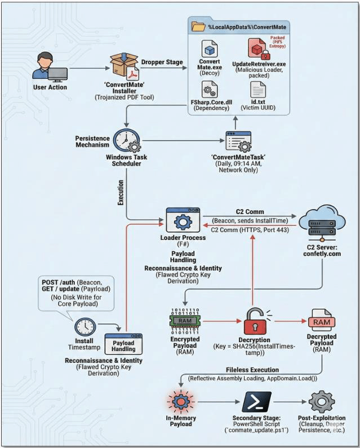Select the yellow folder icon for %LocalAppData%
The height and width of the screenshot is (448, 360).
tap(198, 26)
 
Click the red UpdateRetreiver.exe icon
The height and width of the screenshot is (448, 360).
tap(259, 50)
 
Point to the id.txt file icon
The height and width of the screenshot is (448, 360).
tap(259, 90)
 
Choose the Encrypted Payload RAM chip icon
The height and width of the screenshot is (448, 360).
tap(185, 321)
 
